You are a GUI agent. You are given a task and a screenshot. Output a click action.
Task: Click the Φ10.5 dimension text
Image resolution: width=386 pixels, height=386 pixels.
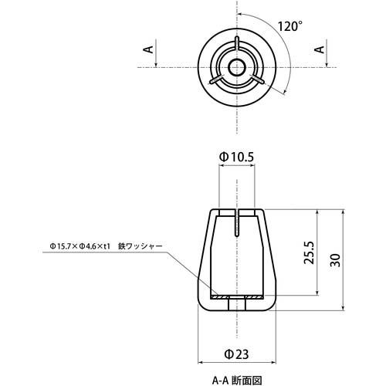[x=237, y=157]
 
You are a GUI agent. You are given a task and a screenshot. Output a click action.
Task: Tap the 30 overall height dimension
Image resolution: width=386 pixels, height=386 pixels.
[x=334, y=260]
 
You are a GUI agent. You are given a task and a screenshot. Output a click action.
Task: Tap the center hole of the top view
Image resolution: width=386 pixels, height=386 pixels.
[x=237, y=68]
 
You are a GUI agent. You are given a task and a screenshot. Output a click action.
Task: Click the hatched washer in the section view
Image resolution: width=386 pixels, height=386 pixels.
[x=237, y=298]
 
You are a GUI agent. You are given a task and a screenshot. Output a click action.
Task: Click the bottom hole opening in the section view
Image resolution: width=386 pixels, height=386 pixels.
[x=237, y=306]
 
